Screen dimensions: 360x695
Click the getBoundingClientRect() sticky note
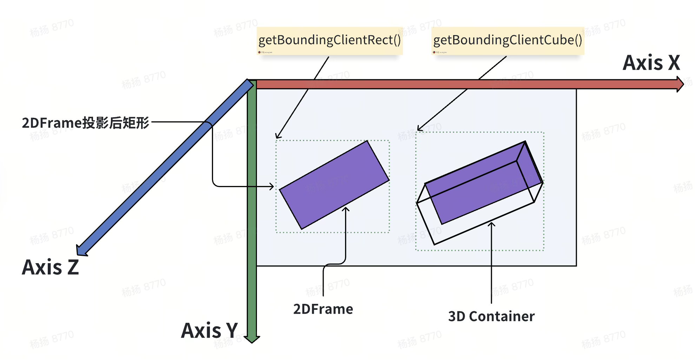tap(329, 40)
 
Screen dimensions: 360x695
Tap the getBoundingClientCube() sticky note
tap(508, 40)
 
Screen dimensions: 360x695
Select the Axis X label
tap(651, 63)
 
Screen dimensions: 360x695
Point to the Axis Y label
tap(209, 331)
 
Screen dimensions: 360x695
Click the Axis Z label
tap(50, 267)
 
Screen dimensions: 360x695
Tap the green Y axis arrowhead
tap(252, 339)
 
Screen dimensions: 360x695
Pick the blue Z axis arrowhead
tap(81, 250)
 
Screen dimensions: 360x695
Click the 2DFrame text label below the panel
tap(323, 309)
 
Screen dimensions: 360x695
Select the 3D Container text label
tap(491, 316)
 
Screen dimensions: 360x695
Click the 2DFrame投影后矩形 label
tap(85, 123)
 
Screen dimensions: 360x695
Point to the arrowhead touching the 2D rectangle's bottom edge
tap(346, 209)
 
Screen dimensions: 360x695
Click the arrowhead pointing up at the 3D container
tap(491, 224)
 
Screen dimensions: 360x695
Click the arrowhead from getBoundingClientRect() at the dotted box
tap(278, 136)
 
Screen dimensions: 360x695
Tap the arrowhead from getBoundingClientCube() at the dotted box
tap(419, 128)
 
